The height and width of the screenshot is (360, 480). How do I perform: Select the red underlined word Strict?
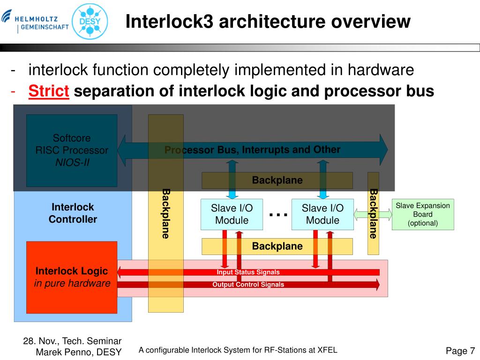[49, 91]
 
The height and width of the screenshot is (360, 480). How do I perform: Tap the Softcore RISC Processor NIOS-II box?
[72, 150]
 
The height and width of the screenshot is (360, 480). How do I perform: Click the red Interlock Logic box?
[72, 277]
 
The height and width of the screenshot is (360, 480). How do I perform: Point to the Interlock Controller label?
[73, 213]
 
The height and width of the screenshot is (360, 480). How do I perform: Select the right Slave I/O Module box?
[322, 214]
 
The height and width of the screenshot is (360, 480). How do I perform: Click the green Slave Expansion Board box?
[423, 214]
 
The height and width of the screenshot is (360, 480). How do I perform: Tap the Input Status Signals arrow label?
[248, 272]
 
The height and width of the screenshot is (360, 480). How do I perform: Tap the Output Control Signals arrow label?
[248, 285]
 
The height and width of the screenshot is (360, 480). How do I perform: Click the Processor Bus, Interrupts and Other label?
[252, 150]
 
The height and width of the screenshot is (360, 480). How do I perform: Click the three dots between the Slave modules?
[278, 214]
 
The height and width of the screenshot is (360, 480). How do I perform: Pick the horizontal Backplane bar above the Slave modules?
[277, 180]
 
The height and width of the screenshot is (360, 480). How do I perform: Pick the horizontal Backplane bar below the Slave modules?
[277, 247]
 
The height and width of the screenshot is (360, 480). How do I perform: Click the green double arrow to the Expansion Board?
[373, 215]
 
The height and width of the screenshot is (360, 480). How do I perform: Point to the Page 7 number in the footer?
[460, 351]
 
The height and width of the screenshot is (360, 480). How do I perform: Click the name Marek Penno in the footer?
[67, 352]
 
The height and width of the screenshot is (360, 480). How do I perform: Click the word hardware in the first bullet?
[380, 70]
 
